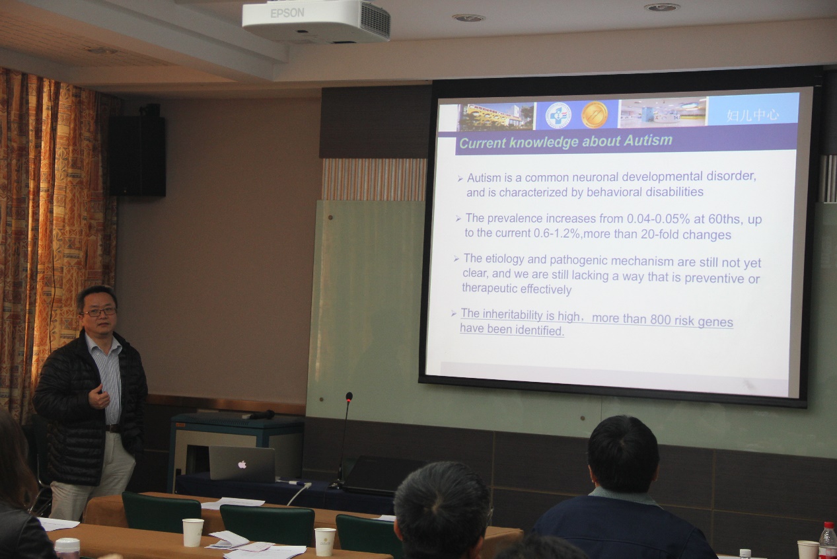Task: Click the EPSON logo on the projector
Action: [x=287, y=13]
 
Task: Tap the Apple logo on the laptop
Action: [x=242, y=465]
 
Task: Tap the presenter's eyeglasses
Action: [x=99, y=312]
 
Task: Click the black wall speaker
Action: [x=137, y=155]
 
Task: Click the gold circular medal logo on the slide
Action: [x=595, y=115]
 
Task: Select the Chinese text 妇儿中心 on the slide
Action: [x=752, y=116]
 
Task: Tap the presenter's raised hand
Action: [x=99, y=396]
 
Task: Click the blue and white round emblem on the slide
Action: [x=558, y=116]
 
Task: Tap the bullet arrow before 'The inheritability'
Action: [x=454, y=313]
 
